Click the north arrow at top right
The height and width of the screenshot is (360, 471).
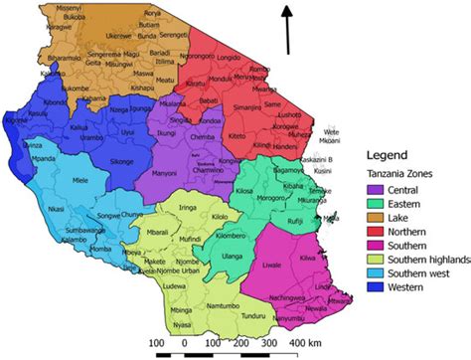pyautogui.click(x=289, y=30)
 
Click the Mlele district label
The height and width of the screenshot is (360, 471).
pyautogui.click(x=80, y=181)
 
